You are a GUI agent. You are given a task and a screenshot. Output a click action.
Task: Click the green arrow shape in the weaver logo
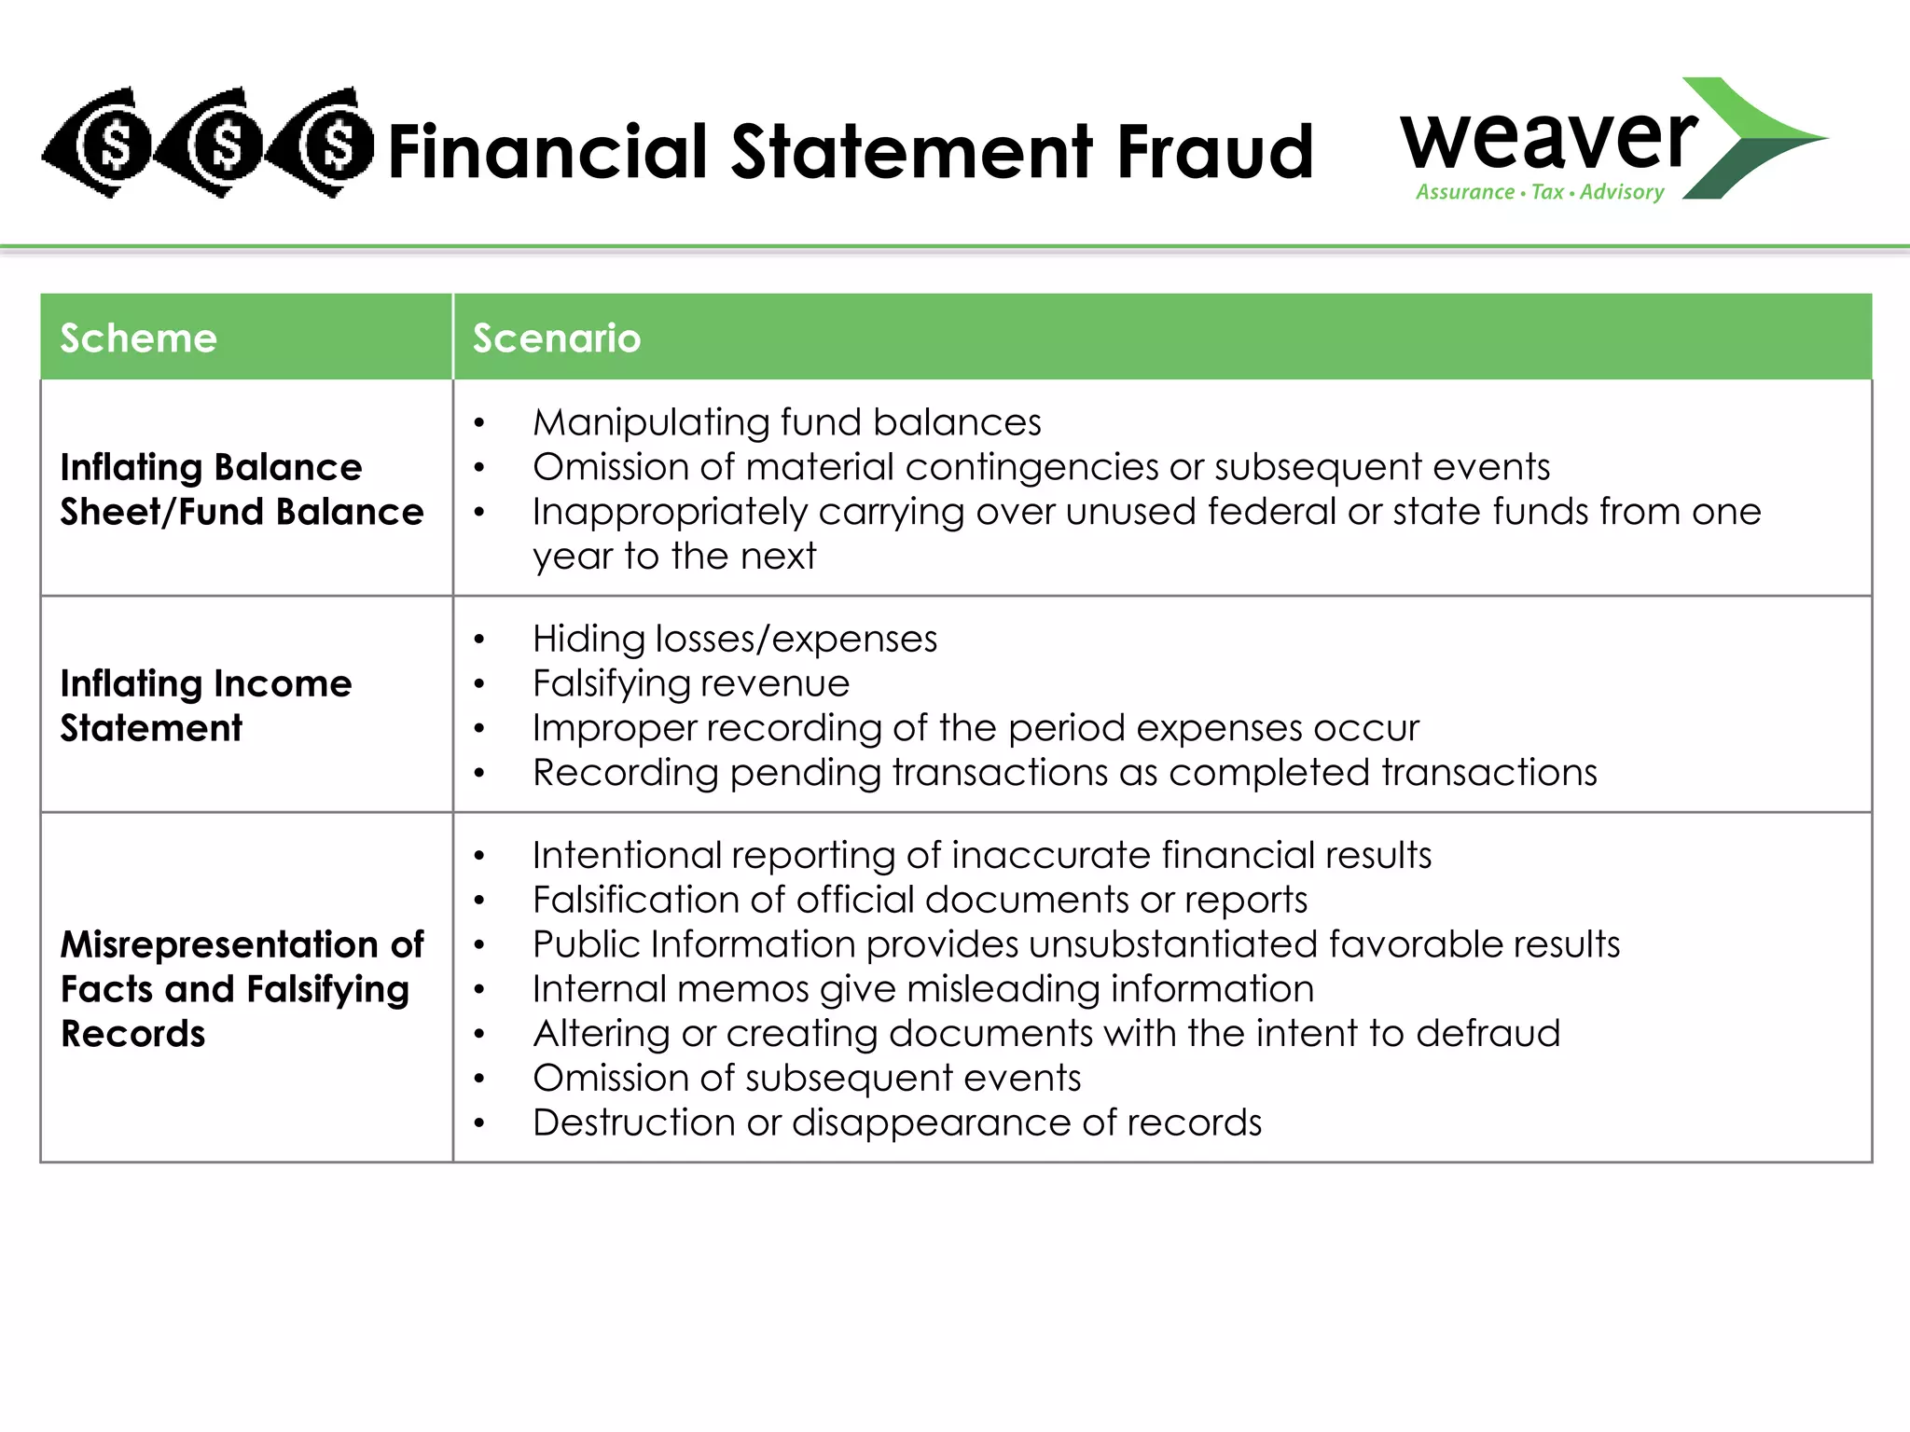coord(1753,138)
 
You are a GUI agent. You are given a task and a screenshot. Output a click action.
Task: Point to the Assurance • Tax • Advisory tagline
coord(1540,192)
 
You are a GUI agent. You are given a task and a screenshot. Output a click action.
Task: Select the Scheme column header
coord(139,337)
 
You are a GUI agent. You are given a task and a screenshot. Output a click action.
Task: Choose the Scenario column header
coord(557,337)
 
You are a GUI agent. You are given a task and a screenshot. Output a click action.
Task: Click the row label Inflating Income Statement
coord(206,705)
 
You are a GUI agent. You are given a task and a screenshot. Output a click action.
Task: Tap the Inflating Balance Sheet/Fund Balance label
coord(242,489)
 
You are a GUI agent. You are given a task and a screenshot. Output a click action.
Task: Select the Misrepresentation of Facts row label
coord(242,988)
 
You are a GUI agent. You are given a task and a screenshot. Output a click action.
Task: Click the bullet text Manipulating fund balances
coord(786,422)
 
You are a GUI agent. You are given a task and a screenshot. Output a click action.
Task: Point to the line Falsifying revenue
coord(691,683)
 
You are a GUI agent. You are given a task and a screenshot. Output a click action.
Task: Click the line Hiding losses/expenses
coord(735,639)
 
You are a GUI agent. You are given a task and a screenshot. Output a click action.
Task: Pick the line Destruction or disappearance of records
coord(897,1122)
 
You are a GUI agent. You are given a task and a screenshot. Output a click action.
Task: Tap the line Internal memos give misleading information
coord(923,988)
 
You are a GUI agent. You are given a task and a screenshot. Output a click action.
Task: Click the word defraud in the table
coord(1488,1033)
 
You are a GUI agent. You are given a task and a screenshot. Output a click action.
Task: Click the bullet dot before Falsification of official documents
coord(479,901)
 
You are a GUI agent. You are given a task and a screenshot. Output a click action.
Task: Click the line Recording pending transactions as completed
coord(1064,773)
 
